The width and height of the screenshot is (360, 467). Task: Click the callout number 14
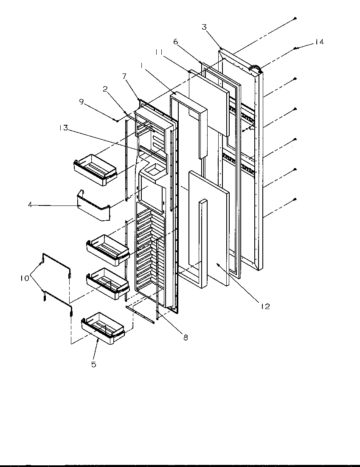click(x=319, y=42)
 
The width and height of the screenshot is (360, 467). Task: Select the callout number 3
click(x=204, y=27)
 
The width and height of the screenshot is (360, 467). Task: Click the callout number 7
click(x=124, y=76)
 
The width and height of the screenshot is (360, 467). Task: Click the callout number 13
click(x=64, y=128)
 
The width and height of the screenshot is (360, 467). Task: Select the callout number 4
click(x=30, y=205)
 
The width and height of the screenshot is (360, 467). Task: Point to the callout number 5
click(x=93, y=364)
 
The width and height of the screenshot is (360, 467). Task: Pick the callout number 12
click(x=265, y=306)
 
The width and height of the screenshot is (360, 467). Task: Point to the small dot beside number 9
click(x=117, y=121)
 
